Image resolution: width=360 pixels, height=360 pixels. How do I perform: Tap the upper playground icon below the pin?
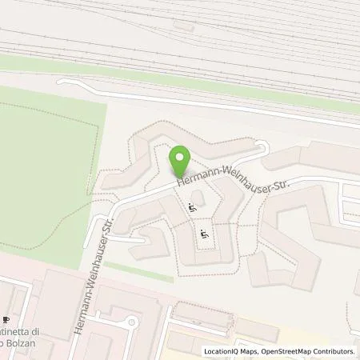coord(191,208)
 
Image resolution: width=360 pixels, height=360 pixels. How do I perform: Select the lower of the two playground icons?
coord(204,234)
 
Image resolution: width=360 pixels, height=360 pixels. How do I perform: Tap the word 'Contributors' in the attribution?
coord(332,351)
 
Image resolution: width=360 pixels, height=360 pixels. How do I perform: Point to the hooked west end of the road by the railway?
coord(62,84)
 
